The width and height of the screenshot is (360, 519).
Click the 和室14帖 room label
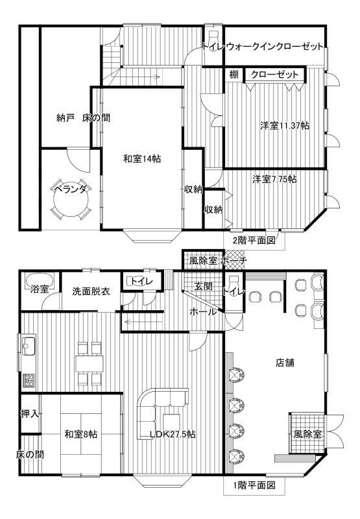(142, 159)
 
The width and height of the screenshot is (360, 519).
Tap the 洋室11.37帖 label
(285, 126)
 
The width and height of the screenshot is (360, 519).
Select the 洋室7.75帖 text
(274, 179)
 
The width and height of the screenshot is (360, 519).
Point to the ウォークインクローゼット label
(274, 46)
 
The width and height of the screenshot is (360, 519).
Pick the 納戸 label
(65, 118)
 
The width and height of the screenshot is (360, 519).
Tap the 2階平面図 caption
(254, 240)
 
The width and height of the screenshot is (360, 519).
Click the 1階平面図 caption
(254, 485)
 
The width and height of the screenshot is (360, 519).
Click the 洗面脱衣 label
(91, 291)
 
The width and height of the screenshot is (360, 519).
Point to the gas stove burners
(29, 380)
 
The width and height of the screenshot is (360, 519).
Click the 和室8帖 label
(80, 434)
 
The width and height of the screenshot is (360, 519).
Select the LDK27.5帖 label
(173, 434)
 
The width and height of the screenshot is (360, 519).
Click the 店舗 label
(285, 363)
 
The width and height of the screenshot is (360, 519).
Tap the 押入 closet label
(30, 413)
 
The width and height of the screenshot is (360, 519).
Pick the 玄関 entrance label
(203, 286)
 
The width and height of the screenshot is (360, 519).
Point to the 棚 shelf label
(234, 74)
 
